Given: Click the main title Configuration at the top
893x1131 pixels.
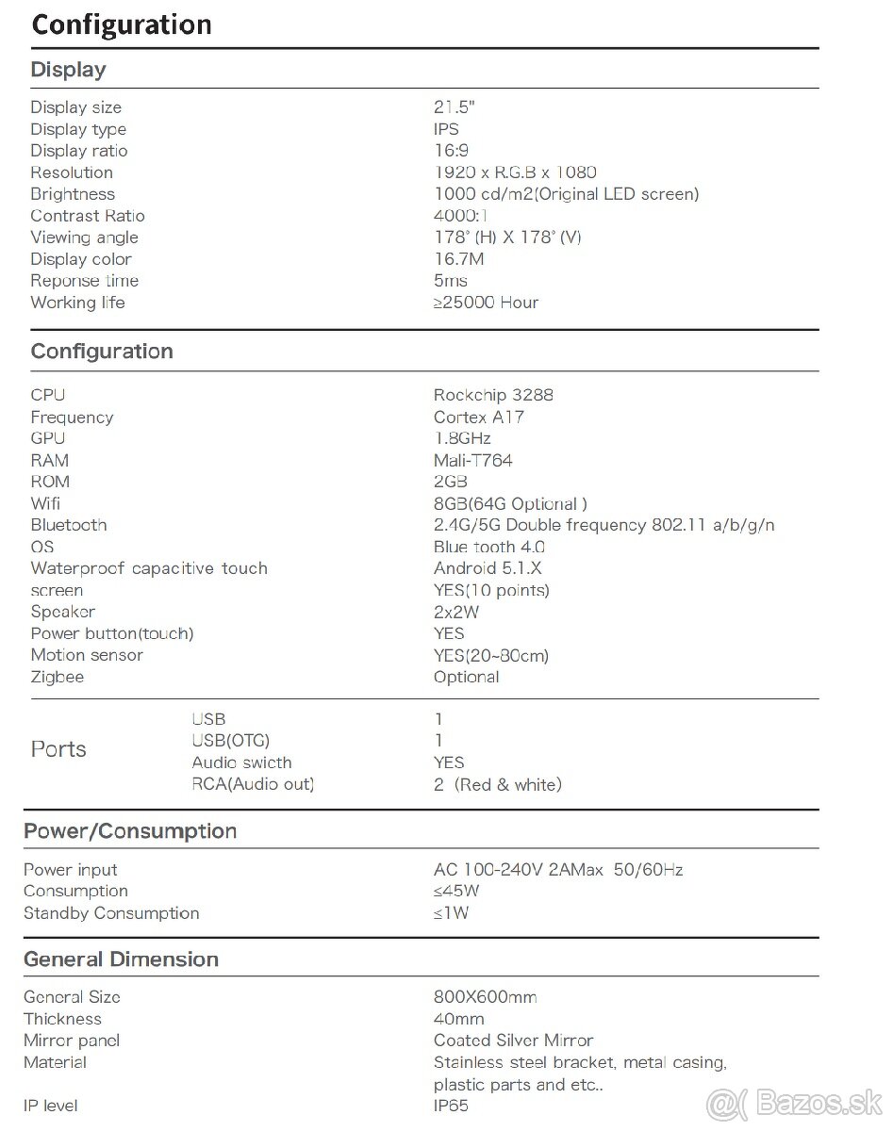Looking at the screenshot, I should tap(122, 25).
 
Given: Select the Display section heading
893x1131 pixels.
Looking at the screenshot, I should tap(68, 70).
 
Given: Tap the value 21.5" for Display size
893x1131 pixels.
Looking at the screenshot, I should tap(455, 107).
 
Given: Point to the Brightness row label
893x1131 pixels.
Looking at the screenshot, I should tap(73, 194).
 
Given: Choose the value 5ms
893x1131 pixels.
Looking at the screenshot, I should tap(451, 281).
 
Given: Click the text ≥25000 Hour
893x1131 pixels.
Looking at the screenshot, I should tap(487, 303).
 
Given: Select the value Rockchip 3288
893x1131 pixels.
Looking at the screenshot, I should tap(493, 395).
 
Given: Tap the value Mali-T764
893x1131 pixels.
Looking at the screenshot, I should tap(473, 461).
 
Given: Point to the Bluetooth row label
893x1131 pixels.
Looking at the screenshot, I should tap(69, 525).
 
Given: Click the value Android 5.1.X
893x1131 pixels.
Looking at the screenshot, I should tap(488, 568).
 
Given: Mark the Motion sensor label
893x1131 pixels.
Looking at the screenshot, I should tap(87, 655).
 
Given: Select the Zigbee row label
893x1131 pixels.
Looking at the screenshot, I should tap(57, 677).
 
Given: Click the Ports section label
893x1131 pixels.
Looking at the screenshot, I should tap(58, 749).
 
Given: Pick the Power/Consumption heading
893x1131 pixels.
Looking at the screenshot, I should tap(130, 831).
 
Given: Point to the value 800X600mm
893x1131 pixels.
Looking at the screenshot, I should tap(486, 997).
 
